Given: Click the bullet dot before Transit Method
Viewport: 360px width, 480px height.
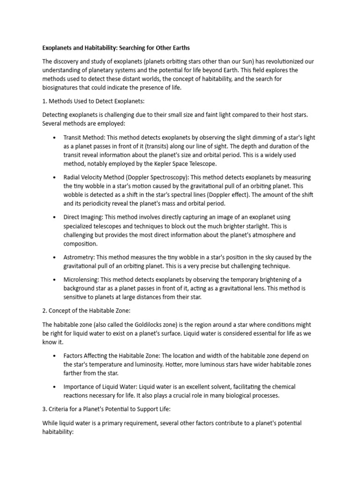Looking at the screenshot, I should tap(55, 138).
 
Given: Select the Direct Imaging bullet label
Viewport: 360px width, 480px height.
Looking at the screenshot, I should tap(83, 217).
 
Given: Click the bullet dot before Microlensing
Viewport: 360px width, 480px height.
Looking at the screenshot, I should tap(55, 280).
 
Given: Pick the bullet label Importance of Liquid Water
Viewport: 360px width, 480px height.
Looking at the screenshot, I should tap(105, 387).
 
